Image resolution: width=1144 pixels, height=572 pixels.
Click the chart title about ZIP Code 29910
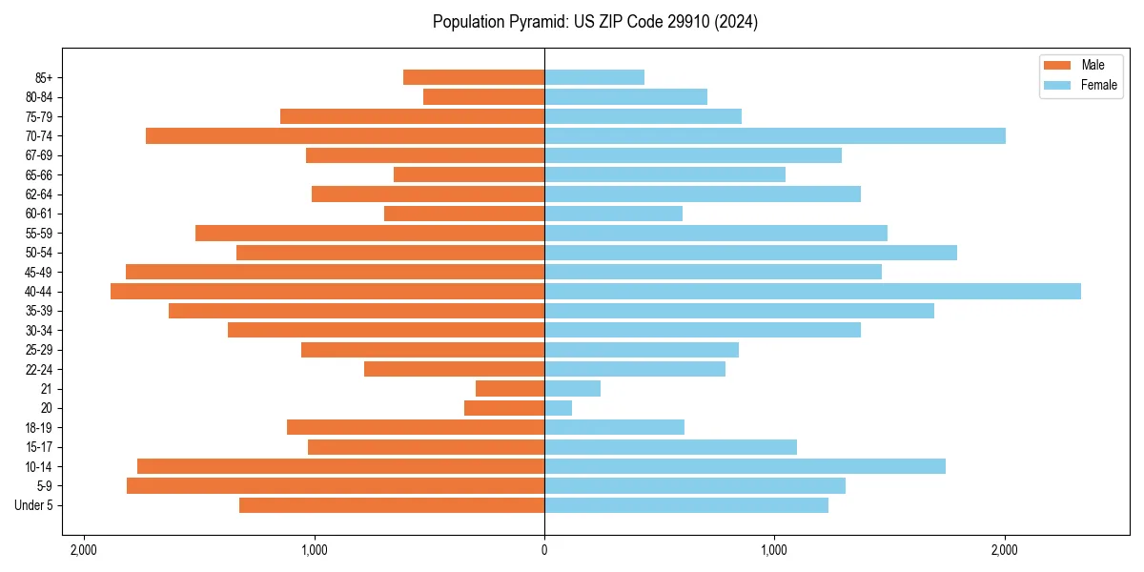(x=595, y=22)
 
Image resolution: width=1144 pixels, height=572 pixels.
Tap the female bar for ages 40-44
(x=812, y=292)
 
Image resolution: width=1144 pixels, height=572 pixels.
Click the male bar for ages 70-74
(x=345, y=136)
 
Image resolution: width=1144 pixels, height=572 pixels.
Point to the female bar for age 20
(x=558, y=408)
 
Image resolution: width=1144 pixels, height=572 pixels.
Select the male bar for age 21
(x=510, y=389)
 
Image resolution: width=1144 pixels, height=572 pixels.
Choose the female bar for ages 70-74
(x=774, y=136)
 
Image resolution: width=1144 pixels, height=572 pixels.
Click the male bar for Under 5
(x=392, y=505)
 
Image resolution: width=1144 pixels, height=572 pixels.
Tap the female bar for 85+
(x=594, y=77)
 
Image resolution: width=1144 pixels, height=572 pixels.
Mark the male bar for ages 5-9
(x=336, y=486)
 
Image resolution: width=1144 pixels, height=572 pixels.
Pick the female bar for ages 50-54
(x=750, y=253)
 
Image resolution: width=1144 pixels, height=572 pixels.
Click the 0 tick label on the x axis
(x=544, y=550)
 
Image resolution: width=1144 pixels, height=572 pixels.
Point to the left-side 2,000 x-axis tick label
(x=84, y=550)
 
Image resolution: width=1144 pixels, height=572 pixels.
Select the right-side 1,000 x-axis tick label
(x=774, y=550)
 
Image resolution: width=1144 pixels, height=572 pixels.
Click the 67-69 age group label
(x=39, y=155)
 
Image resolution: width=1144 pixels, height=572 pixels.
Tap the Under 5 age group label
(x=34, y=505)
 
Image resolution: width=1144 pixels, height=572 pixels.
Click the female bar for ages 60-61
(x=613, y=214)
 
